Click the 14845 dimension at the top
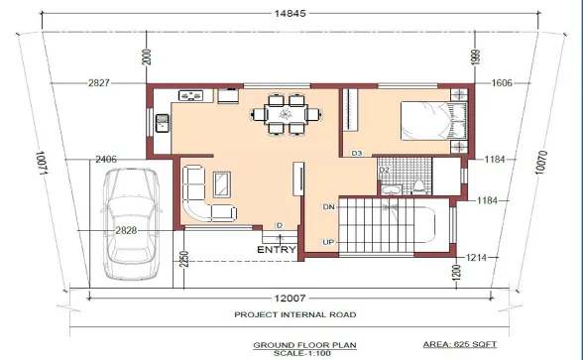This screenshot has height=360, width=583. pyautogui.click(x=290, y=14)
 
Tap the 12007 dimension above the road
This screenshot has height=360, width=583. pyautogui.click(x=290, y=299)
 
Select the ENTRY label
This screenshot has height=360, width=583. pyautogui.click(x=277, y=250)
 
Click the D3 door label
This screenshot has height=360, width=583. pyautogui.click(x=357, y=153)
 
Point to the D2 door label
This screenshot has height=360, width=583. pyautogui.click(x=384, y=170)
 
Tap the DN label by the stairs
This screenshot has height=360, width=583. pyautogui.click(x=329, y=206)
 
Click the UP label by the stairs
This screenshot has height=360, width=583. pyautogui.click(x=328, y=242)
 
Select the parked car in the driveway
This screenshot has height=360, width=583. pyautogui.click(x=131, y=224)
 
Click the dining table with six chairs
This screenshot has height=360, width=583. pyautogui.click(x=287, y=114)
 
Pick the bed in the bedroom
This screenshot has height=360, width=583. pyautogui.click(x=433, y=121)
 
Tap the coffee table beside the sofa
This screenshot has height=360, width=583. pyautogui.click(x=222, y=184)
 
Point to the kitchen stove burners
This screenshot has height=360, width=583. pyautogui.click(x=190, y=95)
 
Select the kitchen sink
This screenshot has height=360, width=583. pyautogui.click(x=163, y=123)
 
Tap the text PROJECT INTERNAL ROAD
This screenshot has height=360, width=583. pyautogui.click(x=295, y=314)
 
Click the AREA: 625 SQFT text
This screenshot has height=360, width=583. pyautogui.click(x=460, y=344)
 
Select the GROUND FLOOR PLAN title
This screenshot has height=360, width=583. pyautogui.click(x=305, y=345)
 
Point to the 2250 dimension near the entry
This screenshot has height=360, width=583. pyautogui.click(x=184, y=259)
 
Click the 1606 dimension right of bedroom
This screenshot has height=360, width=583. pyautogui.click(x=502, y=83)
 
